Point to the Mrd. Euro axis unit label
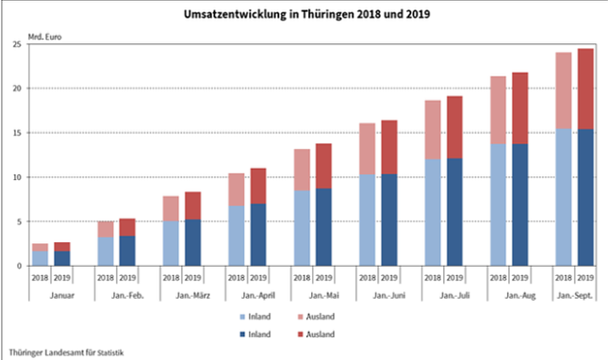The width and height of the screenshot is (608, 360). (47, 38)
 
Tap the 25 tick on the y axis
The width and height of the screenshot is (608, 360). (17, 44)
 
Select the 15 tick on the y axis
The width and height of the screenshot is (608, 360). (17, 133)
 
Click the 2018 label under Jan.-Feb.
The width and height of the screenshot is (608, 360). (106, 278)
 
